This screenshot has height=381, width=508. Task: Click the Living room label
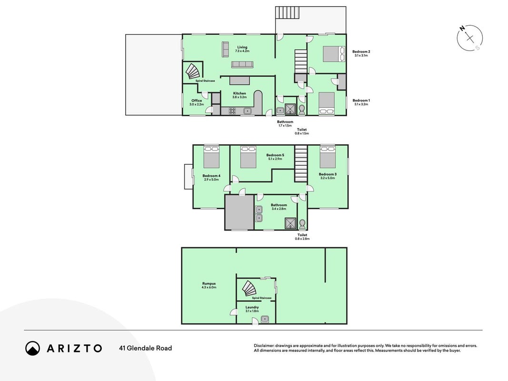pyautogui.click(x=242, y=49)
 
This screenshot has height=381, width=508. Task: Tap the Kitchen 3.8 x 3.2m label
pyautogui.click(x=239, y=95)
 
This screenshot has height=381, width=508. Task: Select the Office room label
pyautogui.click(x=197, y=102)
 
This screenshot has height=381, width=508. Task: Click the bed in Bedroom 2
pyautogui.click(x=334, y=54)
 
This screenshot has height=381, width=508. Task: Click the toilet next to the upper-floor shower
pyautogui.click(x=302, y=110)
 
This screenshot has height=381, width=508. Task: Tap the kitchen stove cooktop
pyautogui.click(x=232, y=111)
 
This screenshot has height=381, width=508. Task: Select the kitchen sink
pyautogui.click(x=248, y=111)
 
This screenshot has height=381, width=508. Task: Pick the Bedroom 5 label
pyautogui.click(x=275, y=157)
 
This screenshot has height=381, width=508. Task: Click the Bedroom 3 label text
pyautogui.click(x=328, y=176)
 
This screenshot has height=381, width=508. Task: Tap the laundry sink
pyautogui.click(x=265, y=319)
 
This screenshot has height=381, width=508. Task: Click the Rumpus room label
pyautogui.click(x=209, y=285)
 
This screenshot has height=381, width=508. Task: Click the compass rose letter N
pyautogui.click(x=462, y=29)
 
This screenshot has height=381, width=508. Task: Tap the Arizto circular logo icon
pyautogui.click(x=33, y=348)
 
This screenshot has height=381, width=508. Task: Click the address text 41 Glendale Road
pyautogui.click(x=146, y=348)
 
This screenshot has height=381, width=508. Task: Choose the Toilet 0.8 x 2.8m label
pyautogui.click(x=302, y=237)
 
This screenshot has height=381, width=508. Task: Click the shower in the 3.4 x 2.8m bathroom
pyautogui.click(x=290, y=223)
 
